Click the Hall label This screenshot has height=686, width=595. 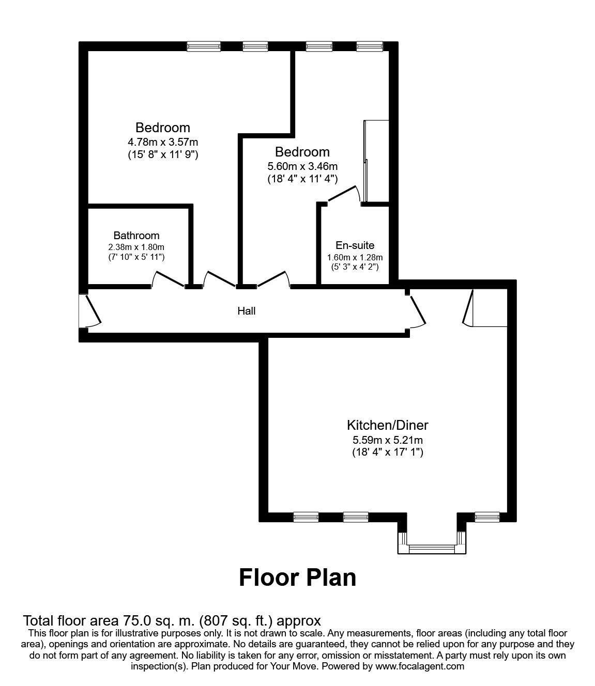pos(246,311)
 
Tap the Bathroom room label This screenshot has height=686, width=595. pos(136,236)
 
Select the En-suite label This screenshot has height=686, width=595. pos(355,245)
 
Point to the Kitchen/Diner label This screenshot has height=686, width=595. pos(387,425)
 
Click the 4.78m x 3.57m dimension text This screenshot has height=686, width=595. pos(163,142)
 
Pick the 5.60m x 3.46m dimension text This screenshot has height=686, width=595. pos(302,166)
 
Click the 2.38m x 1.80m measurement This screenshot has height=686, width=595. pos(136,247)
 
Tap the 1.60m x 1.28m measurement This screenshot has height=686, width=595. pos(355,257)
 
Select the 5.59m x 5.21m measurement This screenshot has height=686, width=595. pos(387,440)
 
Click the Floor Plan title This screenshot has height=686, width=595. pos(297,578)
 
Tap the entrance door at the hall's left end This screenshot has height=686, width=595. pos(90,310)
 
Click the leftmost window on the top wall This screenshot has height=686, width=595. pos(204,46)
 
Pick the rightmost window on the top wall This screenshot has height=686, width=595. pos(370,46)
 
